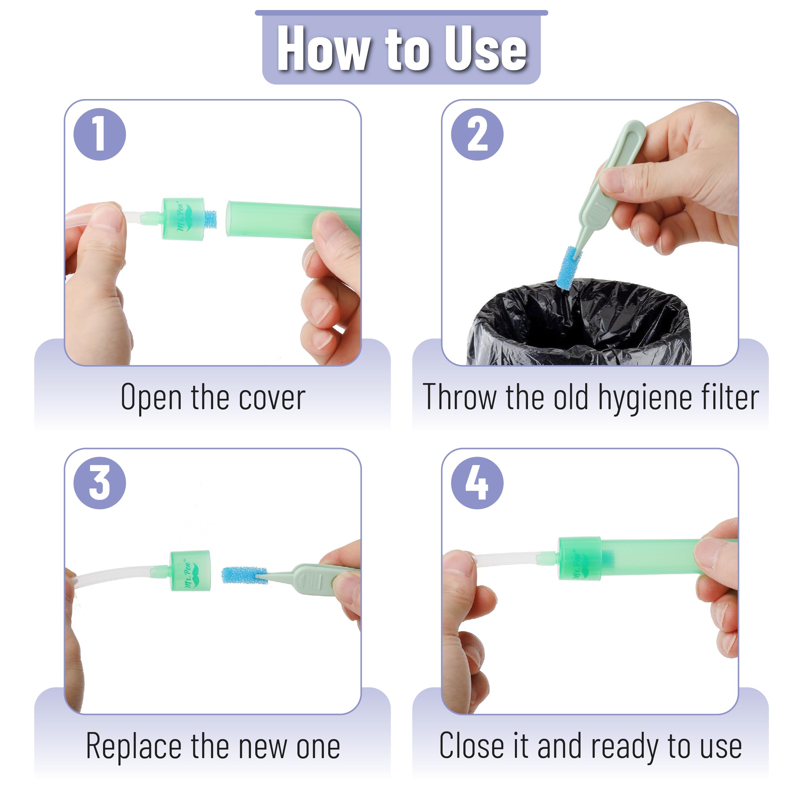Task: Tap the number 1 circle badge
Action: click(x=99, y=134)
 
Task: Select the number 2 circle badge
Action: click(x=477, y=134)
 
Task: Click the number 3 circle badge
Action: click(x=99, y=483)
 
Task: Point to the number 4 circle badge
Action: click(x=477, y=483)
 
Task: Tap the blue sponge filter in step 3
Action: click(x=244, y=575)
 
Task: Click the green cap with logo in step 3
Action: click(x=190, y=571)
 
